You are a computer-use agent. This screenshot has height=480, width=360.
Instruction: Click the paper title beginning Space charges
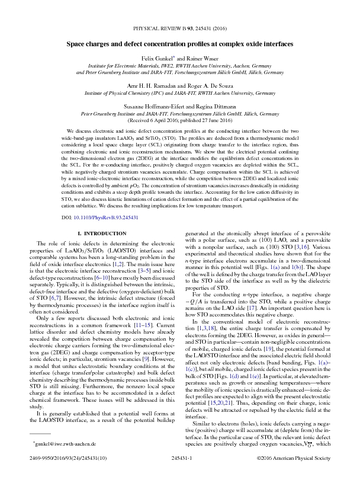click(x=180, y=44)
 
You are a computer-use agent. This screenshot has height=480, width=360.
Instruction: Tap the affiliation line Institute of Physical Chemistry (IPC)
click(x=180, y=93)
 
